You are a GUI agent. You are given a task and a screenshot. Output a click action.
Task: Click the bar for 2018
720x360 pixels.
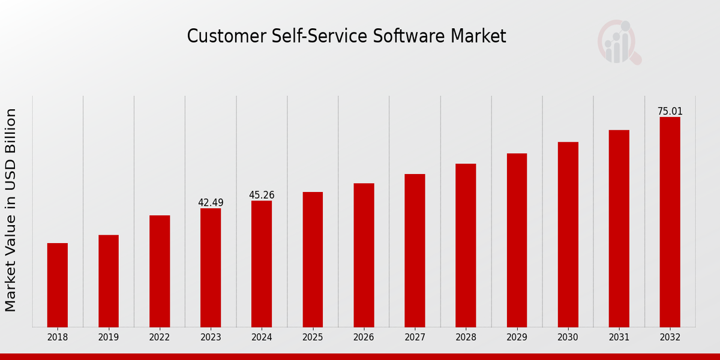click(58, 285)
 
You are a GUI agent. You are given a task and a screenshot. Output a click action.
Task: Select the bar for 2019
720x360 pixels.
click(109, 281)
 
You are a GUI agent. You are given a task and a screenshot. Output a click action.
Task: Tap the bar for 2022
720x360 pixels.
click(160, 271)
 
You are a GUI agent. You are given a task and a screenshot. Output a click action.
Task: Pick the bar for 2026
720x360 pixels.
click(364, 255)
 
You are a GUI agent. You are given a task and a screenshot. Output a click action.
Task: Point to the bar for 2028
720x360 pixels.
click(466, 245)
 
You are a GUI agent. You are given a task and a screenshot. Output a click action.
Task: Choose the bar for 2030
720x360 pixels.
click(568, 235)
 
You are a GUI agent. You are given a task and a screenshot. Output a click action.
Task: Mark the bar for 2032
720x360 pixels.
click(670, 222)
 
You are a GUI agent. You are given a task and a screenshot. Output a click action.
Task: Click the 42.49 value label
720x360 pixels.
click(211, 203)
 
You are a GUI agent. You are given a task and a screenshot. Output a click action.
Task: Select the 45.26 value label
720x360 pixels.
click(262, 195)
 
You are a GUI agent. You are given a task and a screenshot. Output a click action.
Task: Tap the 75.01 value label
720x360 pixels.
click(670, 112)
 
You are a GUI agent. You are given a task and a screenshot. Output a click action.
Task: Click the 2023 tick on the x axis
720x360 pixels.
click(211, 338)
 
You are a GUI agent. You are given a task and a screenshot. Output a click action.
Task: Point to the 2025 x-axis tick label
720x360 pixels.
click(313, 338)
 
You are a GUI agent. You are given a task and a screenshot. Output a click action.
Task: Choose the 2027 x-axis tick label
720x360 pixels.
click(415, 338)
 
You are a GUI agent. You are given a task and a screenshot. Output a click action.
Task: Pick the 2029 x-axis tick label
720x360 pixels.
click(517, 338)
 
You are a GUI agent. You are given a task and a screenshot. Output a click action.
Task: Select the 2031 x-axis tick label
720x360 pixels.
click(619, 338)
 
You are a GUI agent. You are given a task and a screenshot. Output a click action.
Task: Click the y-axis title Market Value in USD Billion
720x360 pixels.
click(11, 210)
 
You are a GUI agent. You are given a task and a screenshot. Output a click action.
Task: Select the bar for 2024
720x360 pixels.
click(262, 264)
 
